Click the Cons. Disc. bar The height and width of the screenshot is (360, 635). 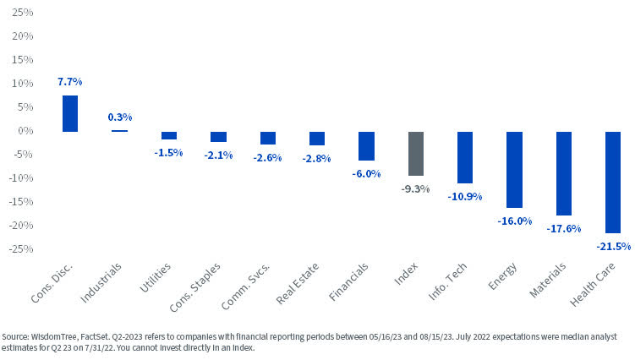click(x=70, y=113)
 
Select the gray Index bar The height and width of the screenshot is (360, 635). click(x=416, y=153)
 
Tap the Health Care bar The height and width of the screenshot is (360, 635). click(x=614, y=182)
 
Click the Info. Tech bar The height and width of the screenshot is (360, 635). click(x=465, y=157)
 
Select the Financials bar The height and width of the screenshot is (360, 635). click(x=366, y=145)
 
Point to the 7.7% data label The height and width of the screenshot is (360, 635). click(x=70, y=82)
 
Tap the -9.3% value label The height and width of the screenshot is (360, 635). click(x=416, y=188)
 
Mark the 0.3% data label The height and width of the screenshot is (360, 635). click(x=119, y=117)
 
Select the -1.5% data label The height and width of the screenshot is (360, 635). click(x=168, y=152)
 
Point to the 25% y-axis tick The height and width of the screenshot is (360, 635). click(x=22, y=14)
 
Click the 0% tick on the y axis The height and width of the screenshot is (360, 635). click(x=25, y=131)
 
